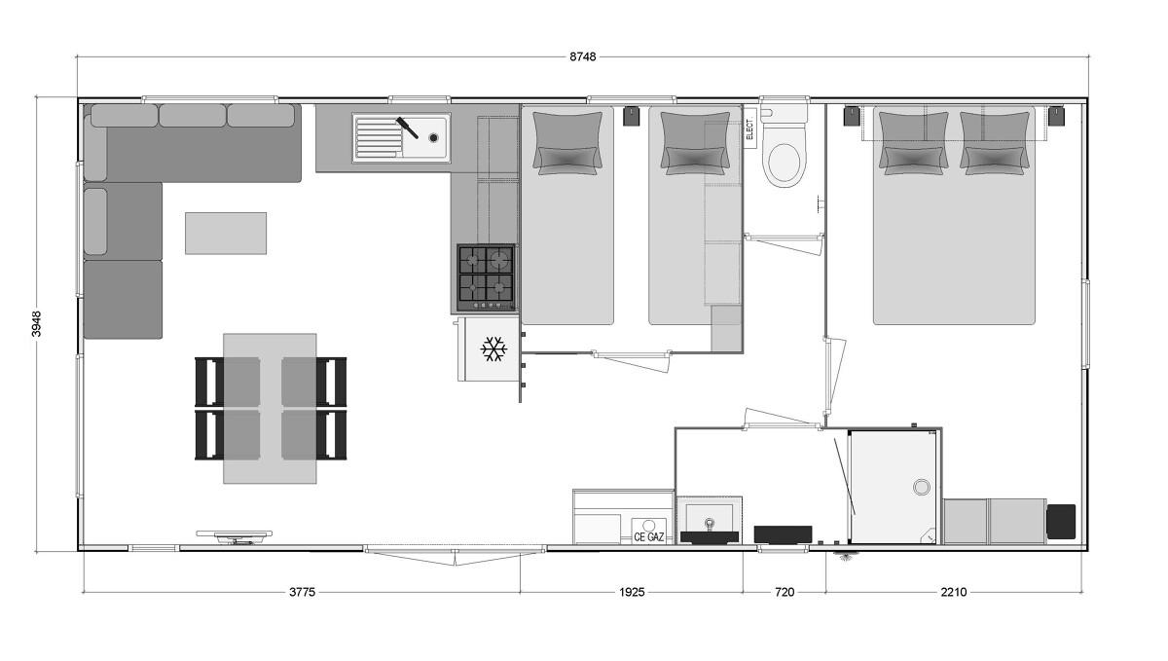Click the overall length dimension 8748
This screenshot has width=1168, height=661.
(582, 56)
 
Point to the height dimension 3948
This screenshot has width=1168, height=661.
(37, 324)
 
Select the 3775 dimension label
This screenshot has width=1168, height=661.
(303, 592)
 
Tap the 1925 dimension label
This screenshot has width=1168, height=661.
(632, 592)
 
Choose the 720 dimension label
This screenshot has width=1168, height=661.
(785, 592)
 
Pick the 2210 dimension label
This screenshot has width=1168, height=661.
(954, 592)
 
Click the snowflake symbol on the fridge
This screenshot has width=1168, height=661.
(493, 349)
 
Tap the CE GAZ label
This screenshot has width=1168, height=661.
(649, 536)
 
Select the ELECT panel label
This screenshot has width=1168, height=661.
(749, 129)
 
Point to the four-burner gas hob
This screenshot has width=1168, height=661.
(486, 277)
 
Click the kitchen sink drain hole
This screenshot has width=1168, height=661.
(433, 137)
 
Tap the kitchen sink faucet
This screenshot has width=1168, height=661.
(407, 128)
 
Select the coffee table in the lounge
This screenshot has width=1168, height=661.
(226, 234)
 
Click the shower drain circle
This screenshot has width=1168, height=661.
(922, 487)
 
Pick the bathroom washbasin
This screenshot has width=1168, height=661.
(710, 522)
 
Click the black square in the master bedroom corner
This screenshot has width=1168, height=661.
(1061, 521)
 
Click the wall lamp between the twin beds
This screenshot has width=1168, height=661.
(632, 116)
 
